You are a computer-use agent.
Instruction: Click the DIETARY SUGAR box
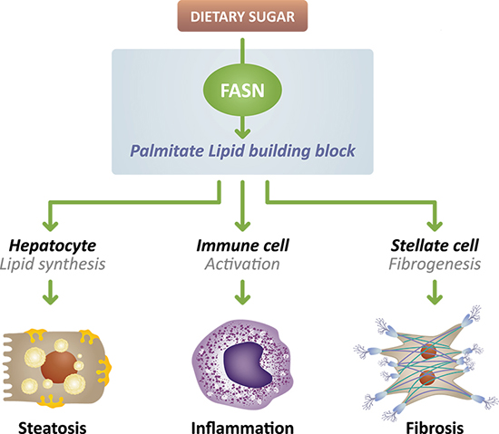242,16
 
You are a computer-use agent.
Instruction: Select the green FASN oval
242,91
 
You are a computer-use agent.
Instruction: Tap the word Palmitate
167,151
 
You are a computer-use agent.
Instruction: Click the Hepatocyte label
53,246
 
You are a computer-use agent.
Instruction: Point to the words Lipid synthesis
53,265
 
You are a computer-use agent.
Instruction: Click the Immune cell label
242,246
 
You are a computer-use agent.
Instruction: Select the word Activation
242,264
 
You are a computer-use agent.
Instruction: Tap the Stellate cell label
435,246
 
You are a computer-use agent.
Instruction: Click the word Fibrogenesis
435,265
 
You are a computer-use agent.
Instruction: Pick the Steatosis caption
53,428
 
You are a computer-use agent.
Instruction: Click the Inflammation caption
242,428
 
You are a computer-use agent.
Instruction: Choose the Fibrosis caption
435,428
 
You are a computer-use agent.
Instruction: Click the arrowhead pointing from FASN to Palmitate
242,133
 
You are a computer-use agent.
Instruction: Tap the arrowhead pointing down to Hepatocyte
50,226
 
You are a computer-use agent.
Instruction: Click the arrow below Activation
242,292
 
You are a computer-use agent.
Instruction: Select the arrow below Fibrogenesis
435,292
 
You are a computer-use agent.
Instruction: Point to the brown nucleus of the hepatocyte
59,365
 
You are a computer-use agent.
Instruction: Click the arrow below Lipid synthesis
50,292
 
